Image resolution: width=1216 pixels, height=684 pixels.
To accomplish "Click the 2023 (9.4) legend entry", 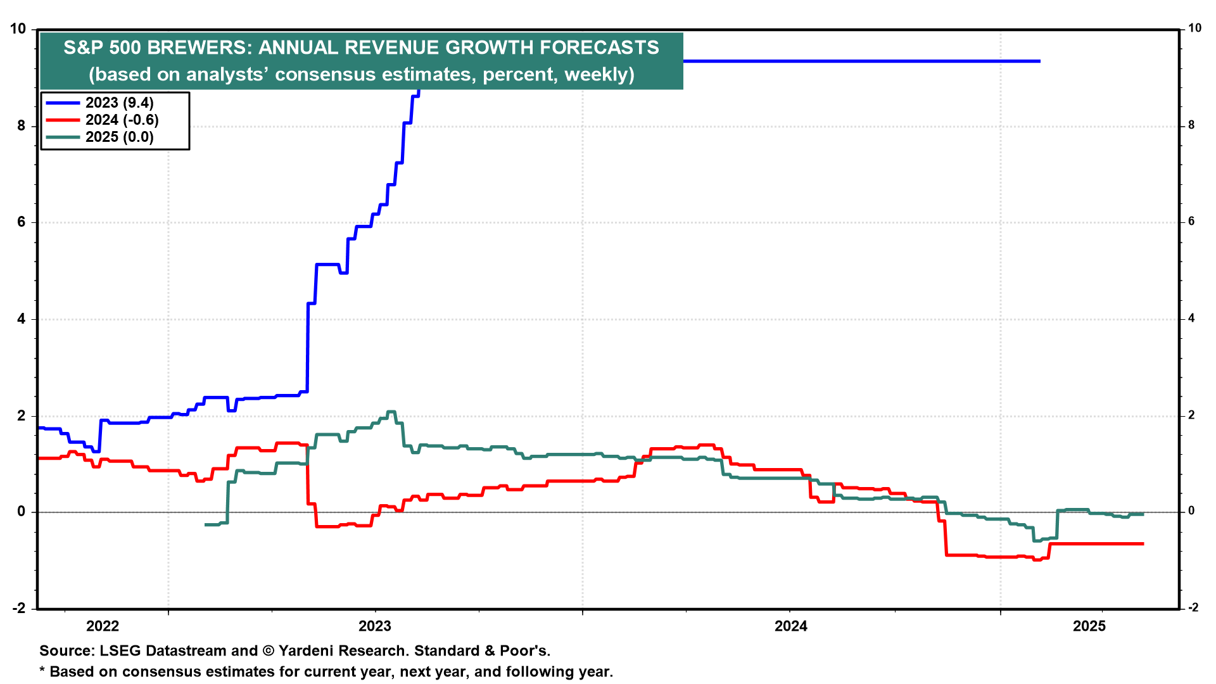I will tap(119, 103).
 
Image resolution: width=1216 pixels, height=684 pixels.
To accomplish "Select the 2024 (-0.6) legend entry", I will tap(122, 120).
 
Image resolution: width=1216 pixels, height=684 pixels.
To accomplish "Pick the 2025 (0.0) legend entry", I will tap(119, 137).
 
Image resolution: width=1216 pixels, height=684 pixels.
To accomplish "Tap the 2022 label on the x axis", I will tap(103, 626).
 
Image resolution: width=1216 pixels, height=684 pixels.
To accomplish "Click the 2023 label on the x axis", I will tap(375, 626).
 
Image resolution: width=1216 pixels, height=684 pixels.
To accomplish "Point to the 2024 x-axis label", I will tap(791, 626).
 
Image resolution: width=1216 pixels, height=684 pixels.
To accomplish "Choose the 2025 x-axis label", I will tap(1089, 626).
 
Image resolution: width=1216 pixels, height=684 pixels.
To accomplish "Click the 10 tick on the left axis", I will tap(18, 29).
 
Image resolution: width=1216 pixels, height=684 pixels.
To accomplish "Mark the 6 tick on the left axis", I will tap(22, 222).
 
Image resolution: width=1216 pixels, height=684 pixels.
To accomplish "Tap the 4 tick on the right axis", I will tap(1191, 319).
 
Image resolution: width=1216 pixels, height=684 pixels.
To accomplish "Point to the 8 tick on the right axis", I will tap(1191, 125).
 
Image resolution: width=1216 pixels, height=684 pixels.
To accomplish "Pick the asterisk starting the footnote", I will tap(42, 670).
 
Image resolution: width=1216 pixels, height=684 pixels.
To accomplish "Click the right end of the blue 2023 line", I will tap(1039, 61).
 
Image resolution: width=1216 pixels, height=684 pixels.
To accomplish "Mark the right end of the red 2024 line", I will tap(1143, 543).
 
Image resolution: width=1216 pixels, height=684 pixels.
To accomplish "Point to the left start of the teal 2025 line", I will tap(206, 524).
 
